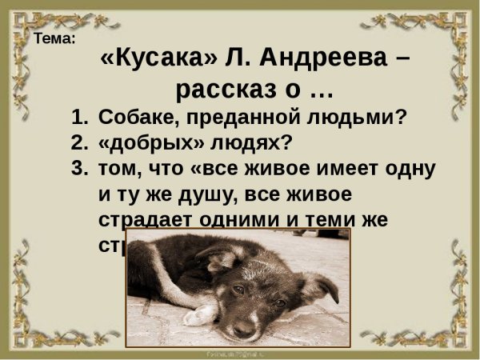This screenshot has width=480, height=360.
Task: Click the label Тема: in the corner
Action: click(x=55, y=38)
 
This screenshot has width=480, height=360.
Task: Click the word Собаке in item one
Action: click(x=133, y=118)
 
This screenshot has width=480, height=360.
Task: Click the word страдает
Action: click(x=141, y=220)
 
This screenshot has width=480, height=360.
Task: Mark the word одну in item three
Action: click(x=410, y=169)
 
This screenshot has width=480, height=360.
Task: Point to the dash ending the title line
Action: click(x=404, y=61)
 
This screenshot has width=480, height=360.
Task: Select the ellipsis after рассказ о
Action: click(x=315, y=90)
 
